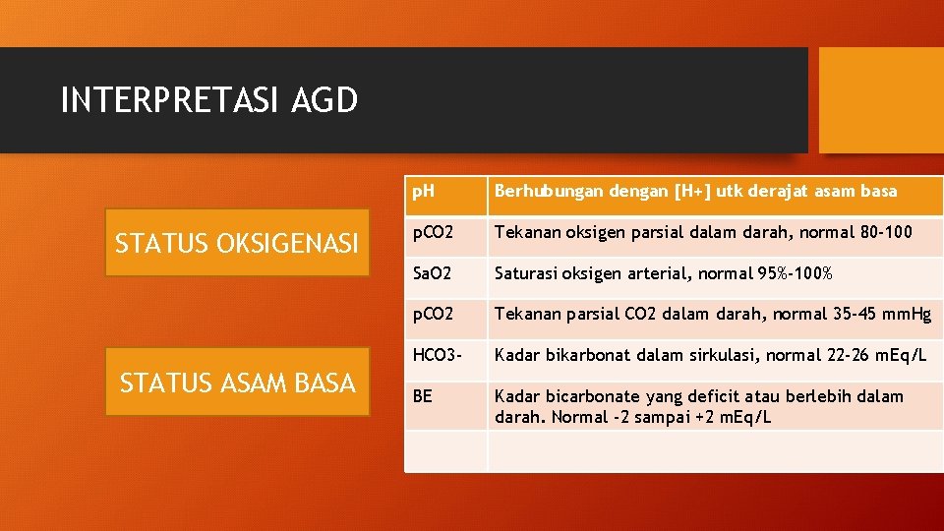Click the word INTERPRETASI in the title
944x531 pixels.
(171, 100)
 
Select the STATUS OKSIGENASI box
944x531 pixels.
(237, 243)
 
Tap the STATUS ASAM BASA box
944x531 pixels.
(237, 383)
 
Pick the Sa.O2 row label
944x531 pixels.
(431, 273)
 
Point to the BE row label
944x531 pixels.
(422, 396)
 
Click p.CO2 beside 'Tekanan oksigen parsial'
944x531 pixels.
(433, 232)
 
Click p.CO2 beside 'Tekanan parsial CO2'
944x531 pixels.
(433, 315)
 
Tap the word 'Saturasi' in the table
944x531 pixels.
(526, 273)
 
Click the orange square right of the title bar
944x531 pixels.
(881, 100)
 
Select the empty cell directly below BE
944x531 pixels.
(445, 450)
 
